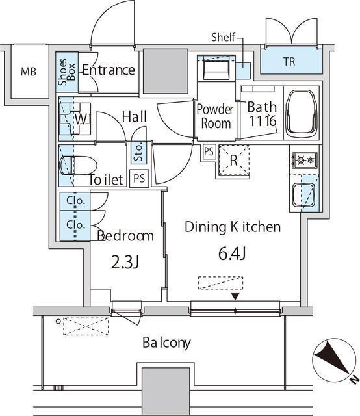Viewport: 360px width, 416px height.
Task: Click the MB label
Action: pos(28,71)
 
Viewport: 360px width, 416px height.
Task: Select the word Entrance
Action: pos(109,70)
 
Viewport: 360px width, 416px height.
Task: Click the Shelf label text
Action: pos(224,38)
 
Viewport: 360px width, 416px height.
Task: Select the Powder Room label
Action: pos(214,116)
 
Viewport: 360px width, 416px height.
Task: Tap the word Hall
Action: pos(134,116)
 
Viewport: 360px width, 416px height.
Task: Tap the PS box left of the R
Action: pos(209,151)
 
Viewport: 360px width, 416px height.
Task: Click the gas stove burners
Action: pos(303,159)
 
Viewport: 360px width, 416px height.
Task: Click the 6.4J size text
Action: pos(233,254)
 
